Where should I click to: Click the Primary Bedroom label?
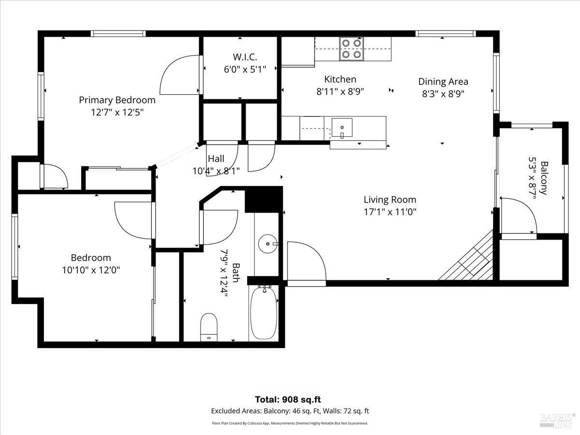point(117,100)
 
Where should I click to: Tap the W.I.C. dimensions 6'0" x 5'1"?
point(245,70)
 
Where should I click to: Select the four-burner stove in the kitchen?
point(351,49)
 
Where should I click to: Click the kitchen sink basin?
point(342,128)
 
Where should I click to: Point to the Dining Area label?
point(443,82)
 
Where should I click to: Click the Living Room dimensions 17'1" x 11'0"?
point(390,212)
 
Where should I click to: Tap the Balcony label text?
point(544,178)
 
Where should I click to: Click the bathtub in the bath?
point(263,314)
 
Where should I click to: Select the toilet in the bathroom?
point(209,328)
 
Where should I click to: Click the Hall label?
point(216,159)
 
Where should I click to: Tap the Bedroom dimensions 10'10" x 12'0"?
point(91,270)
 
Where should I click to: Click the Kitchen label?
point(340,79)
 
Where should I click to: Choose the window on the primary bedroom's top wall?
point(118,34)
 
